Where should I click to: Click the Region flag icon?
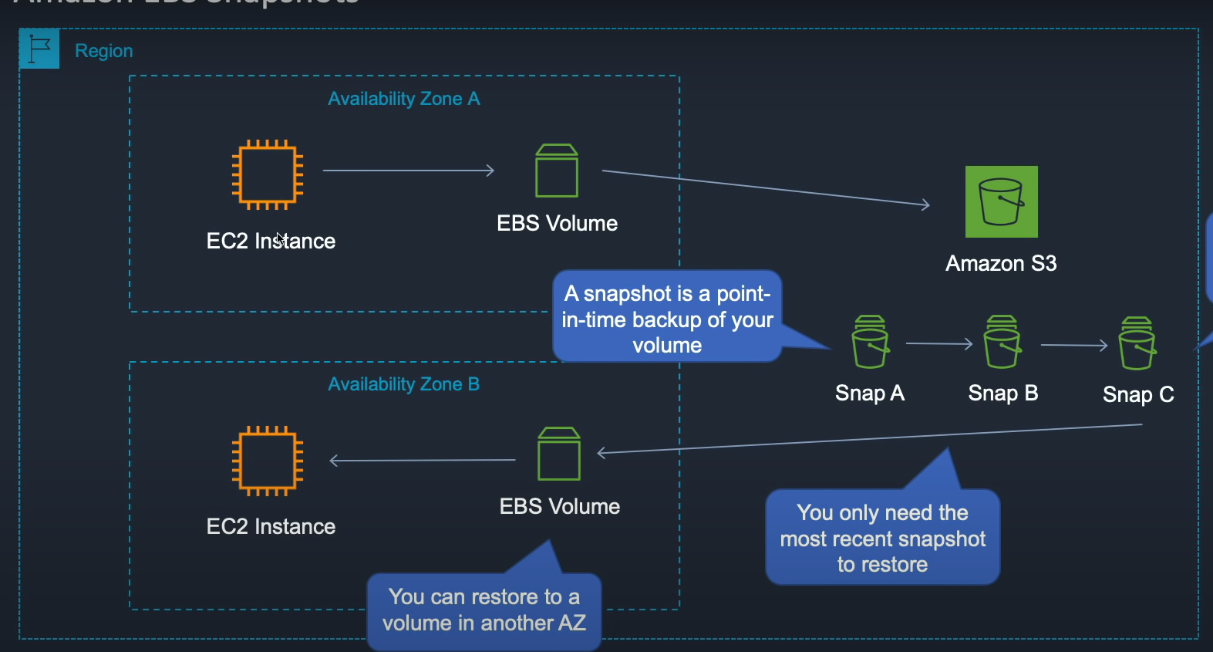39,49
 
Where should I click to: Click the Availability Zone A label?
403,99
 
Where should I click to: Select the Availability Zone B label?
403,384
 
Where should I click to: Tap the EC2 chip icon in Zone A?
268,174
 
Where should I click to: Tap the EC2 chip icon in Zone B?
268,461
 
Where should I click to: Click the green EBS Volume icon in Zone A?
557,171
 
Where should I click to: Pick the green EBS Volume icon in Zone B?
559,454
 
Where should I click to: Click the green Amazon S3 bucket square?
1001,201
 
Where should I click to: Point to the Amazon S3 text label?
1001,264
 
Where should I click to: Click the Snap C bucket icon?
1137,343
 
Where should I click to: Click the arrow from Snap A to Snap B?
938,344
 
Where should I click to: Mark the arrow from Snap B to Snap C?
1073,345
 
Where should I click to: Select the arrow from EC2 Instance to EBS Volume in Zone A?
408,171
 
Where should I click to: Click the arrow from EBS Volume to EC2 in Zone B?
423,461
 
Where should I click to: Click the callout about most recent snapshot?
882,538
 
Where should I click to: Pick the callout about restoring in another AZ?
484,610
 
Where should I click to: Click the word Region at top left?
104,51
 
